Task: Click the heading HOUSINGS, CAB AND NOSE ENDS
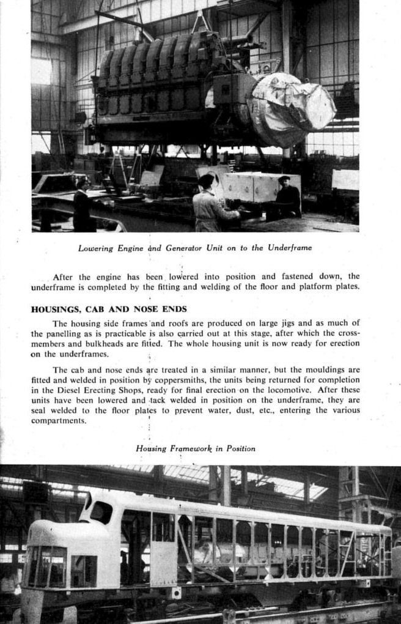[x=109, y=309]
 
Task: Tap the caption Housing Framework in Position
[x=196, y=448]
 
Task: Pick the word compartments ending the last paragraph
[x=59, y=421]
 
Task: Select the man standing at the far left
[x=81, y=205]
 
